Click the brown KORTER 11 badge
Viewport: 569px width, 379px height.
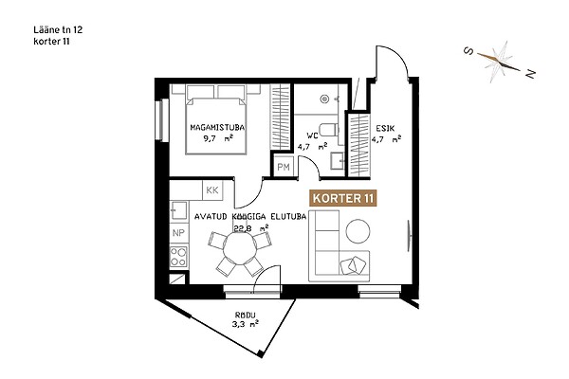[x=342, y=198]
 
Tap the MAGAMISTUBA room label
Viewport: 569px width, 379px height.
[x=217, y=128]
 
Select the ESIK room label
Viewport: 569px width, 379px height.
[x=385, y=128]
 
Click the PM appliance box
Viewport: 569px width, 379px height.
[x=284, y=167]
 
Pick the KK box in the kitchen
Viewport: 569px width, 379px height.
[x=212, y=190]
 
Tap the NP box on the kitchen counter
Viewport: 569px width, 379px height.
[x=178, y=233]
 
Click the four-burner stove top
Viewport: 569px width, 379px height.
[x=178, y=257]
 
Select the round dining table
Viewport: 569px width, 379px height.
[x=240, y=249]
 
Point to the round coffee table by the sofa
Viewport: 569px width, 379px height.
[x=358, y=231]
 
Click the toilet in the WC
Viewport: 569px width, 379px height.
[x=329, y=130]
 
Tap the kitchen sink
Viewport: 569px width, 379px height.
[x=179, y=210]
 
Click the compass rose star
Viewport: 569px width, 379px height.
[x=500, y=63]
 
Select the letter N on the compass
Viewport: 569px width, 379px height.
[x=530, y=74]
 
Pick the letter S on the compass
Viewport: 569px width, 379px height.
[x=468, y=51]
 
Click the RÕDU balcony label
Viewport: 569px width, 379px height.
[x=246, y=315]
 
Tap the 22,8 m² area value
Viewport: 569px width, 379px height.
[x=250, y=228]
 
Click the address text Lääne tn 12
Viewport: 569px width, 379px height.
[x=58, y=29]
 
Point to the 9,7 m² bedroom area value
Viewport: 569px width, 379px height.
[x=218, y=138]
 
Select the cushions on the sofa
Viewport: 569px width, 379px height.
[x=353, y=266]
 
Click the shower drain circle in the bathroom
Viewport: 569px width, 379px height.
[x=324, y=99]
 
